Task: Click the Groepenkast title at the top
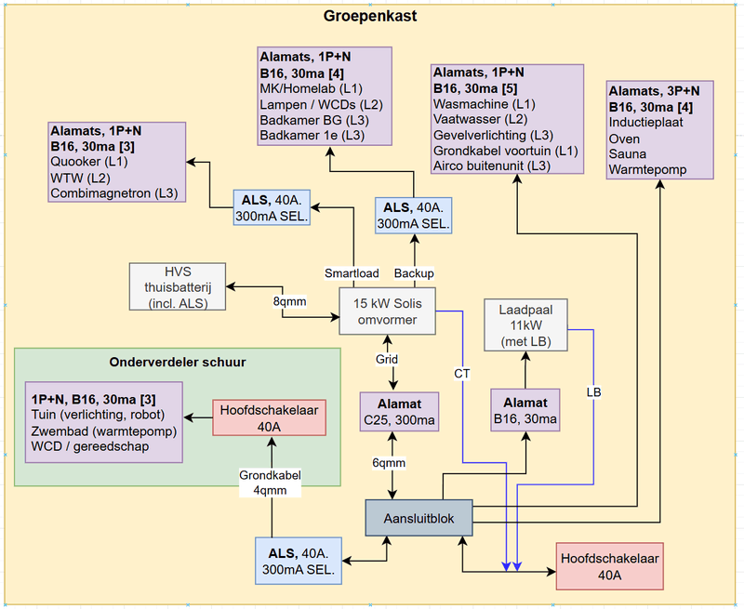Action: pos(370,17)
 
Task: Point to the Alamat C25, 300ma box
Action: pos(398,413)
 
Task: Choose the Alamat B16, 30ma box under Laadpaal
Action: pos(525,413)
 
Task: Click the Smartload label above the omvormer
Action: pos(352,273)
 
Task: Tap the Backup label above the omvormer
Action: pos(414,273)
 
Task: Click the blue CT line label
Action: pos(462,374)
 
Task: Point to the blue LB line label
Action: pos(593,391)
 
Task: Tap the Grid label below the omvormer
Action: pos(387,359)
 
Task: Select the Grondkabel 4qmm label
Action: pos(271,483)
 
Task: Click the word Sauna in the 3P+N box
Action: pos(624,154)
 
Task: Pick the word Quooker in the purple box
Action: pos(74,161)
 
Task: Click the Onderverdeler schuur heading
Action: pos(177,362)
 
